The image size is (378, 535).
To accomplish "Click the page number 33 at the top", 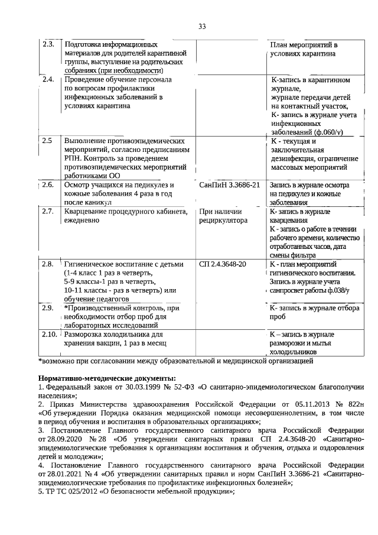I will point(202,27).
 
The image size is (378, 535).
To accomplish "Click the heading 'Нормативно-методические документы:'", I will point(107,378).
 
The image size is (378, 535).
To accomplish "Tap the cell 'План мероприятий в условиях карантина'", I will point(303,49).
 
